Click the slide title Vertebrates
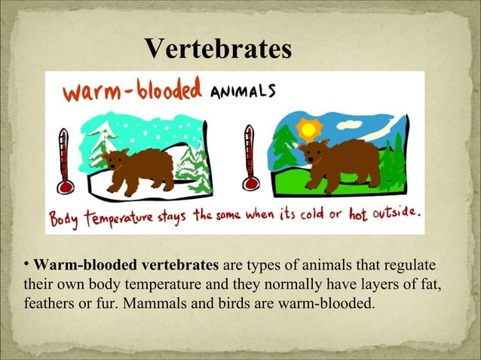point(218,49)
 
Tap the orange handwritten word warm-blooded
point(133,92)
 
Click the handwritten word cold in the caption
point(311,215)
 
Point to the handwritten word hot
point(358,215)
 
